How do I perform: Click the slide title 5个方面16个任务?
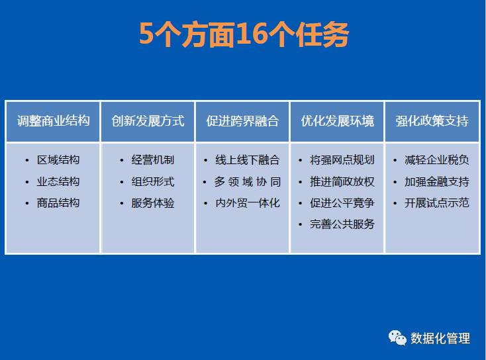[244, 34]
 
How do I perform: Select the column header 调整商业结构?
[54, 121]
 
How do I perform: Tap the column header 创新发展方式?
[148, 121]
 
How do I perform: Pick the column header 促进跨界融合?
[243, 121]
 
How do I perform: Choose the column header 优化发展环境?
[338, 121]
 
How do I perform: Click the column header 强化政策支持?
[432, 121]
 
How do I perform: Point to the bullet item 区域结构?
[58, 160]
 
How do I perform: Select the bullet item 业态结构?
[58, 181]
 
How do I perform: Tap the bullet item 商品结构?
[58, 203]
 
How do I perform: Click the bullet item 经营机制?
[153, 160]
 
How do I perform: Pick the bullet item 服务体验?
[153, 203]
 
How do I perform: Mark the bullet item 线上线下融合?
[248, 160]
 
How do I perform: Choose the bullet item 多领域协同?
[248, 181]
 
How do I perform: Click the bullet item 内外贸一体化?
[248, 203]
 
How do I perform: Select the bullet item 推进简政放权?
[342, 181]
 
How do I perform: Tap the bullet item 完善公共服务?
[342, 224]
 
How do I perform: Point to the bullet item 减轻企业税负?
[437, 160]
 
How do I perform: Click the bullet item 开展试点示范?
[437, 203]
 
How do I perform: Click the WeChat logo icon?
[397, 337]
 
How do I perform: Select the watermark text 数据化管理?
[440, 338]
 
